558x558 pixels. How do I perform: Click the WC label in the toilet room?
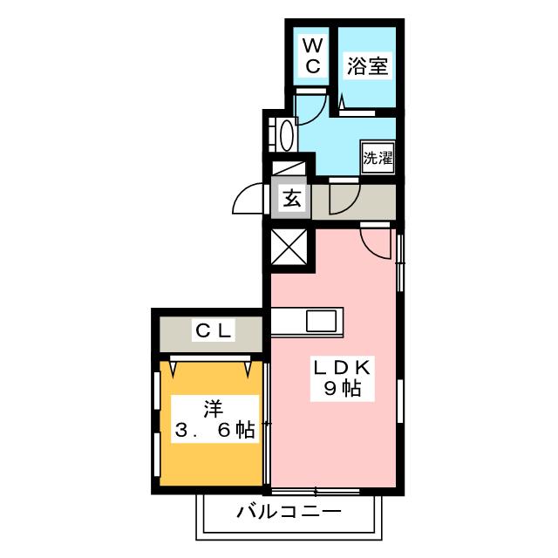312,55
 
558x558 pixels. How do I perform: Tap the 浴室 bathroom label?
366,65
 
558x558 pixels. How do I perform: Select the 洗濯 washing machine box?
378,159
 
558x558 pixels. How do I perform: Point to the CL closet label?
213,330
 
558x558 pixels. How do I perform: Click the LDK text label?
344,367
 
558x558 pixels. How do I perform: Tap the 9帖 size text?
344,391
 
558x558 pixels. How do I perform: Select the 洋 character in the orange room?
212,405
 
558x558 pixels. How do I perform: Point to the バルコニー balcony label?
288,511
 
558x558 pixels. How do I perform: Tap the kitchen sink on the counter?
321,320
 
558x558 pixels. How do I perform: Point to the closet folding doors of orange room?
212,363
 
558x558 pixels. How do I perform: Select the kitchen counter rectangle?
307,320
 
